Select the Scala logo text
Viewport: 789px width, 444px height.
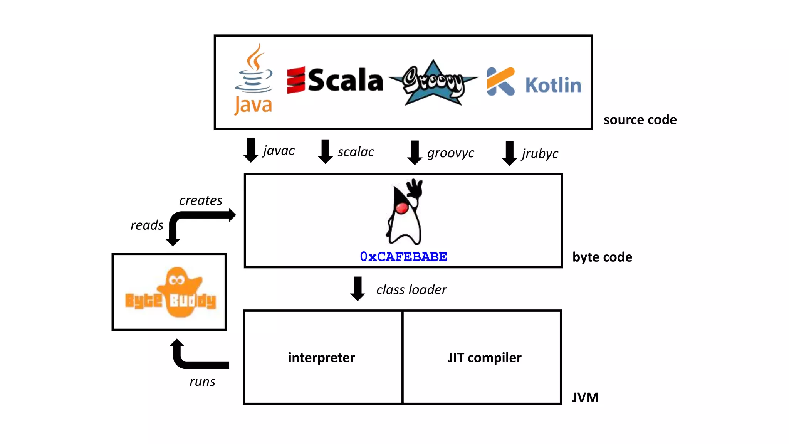point(345,81)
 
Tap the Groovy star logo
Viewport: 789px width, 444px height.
point(433,82)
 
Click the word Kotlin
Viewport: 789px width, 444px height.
point(553,85)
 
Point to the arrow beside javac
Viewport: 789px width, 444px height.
point(251,150)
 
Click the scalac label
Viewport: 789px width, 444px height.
point(356,152)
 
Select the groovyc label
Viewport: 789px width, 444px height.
point(450,153)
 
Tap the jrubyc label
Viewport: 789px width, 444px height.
point(540,153)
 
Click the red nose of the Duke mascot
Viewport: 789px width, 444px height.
point(402,208)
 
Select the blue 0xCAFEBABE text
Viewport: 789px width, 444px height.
point(403,257)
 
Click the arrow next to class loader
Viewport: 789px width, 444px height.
point(358,288)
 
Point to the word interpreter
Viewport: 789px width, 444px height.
point(321,358)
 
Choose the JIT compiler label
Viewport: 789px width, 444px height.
point(484,358)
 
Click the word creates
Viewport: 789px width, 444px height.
point(201,200)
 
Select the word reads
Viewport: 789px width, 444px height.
point(147,225)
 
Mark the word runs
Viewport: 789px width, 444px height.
point(202,382)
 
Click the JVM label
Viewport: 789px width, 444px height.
point(585,397)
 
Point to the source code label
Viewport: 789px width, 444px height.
point(640,120)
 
